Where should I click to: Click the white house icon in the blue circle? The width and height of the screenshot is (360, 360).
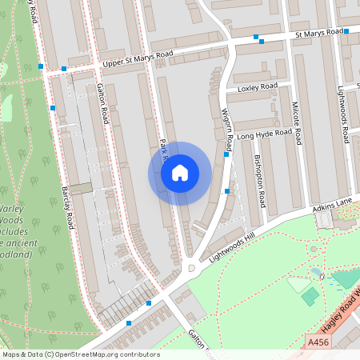pyautogui.click(x=180, y=173)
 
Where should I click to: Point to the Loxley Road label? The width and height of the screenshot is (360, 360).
pyautogui.click(x=257, y=86)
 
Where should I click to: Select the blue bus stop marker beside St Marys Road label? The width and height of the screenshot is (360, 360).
pyautogui.click(x=346, y=31)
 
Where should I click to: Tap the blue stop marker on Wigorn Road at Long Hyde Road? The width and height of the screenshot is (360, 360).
pyautogui.click(x=227, y=155)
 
